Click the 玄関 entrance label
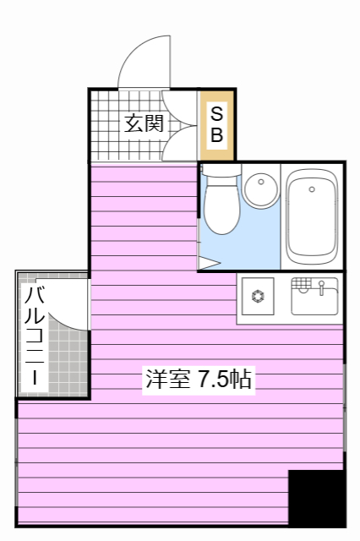144,124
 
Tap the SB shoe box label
216,124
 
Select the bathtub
312,215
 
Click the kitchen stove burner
258,297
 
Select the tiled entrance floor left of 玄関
106,127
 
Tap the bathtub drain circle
312,189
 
